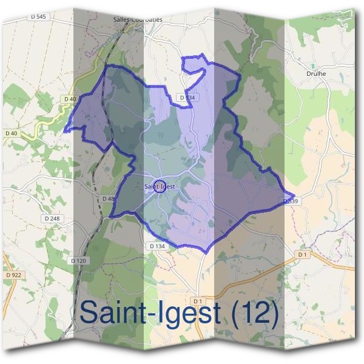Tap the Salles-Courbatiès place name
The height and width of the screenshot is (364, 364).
click(138, 19)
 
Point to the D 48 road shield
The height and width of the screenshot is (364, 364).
click(108, 198)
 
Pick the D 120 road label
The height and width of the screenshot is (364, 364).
click(79, 260)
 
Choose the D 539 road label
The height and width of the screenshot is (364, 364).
click(290, 200)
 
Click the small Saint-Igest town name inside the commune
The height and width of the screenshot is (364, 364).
click(160, 186)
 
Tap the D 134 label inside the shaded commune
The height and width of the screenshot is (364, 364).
click(187, 97)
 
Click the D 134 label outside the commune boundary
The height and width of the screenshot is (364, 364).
click(157, 246)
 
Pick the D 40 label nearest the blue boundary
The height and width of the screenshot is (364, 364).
click(69, 99)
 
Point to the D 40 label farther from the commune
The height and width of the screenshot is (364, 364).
click(11, 133)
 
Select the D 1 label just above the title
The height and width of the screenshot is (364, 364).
click(197, 301)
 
